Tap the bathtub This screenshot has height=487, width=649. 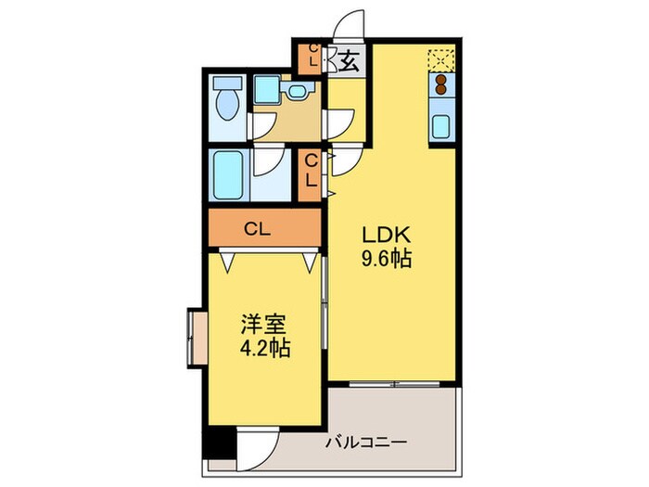[x=225, y=173]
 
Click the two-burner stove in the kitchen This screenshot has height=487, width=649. [x=441, y=85]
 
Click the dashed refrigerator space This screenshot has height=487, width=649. [x=441, y=58]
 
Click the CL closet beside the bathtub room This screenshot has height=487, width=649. [x=312, y=173]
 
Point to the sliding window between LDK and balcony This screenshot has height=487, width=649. [x=393, y=382]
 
